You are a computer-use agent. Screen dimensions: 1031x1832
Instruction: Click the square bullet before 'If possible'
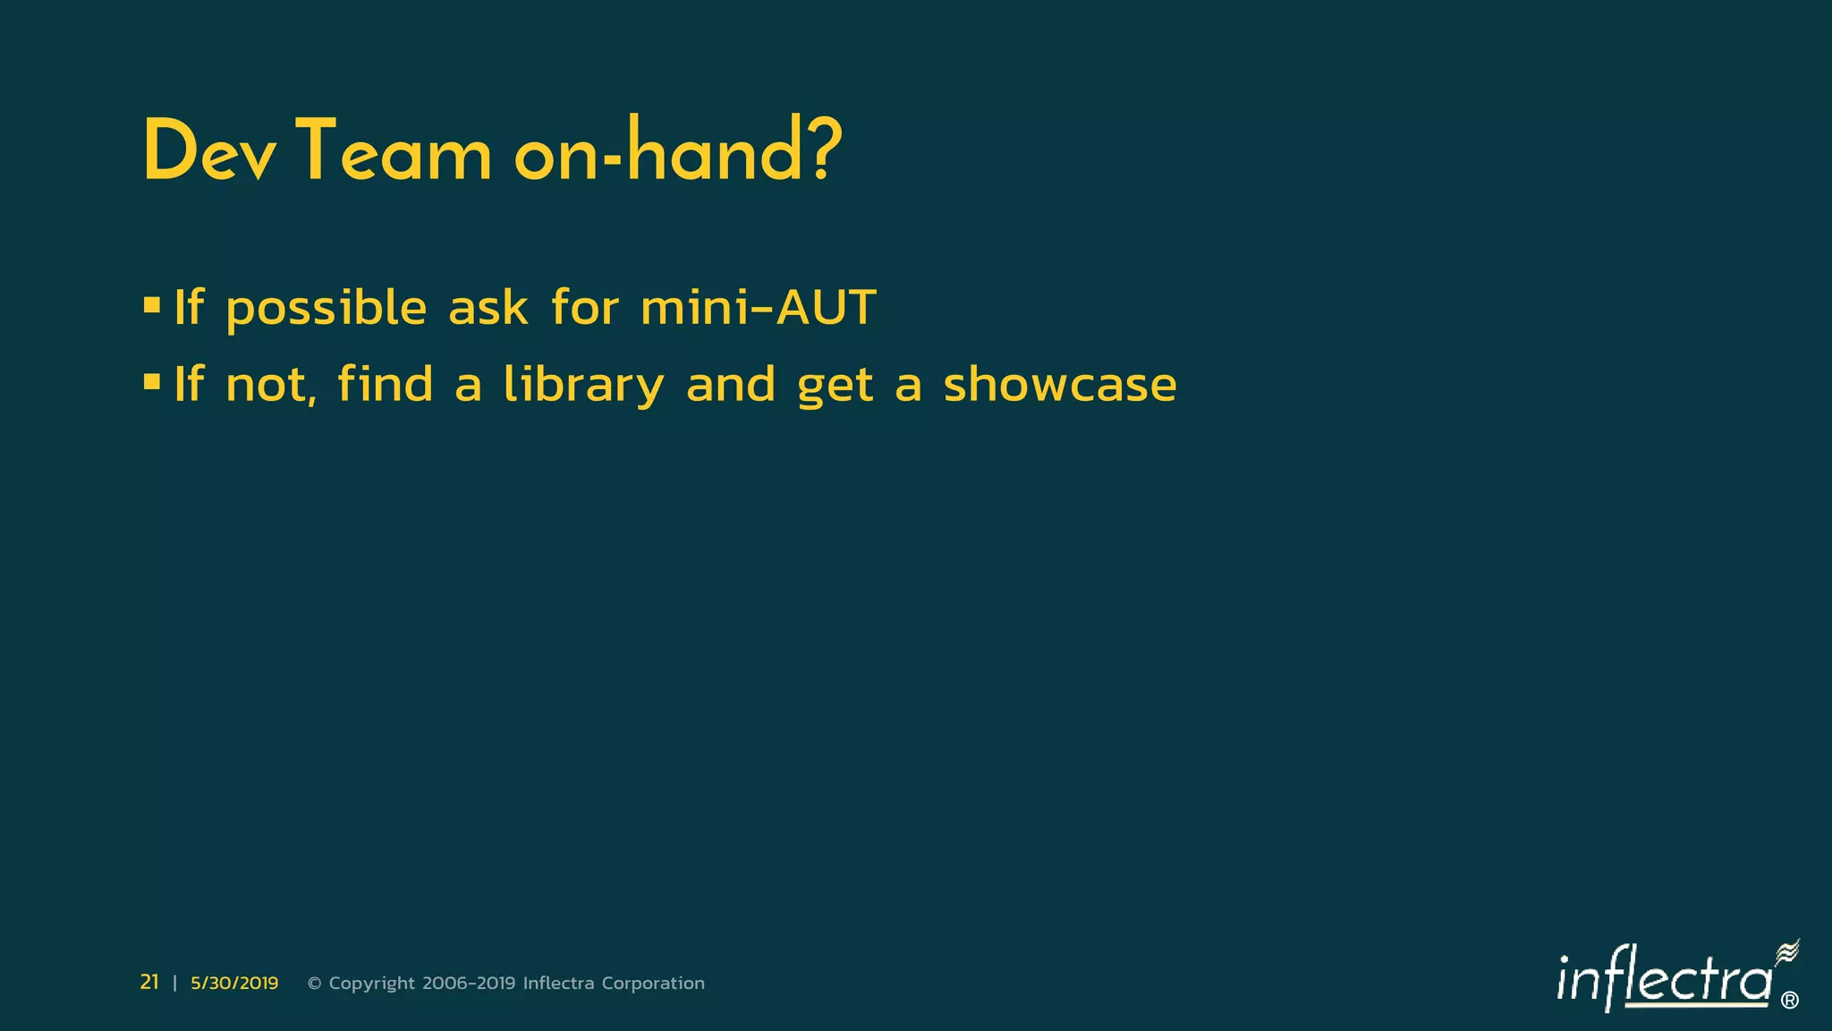point(152,306)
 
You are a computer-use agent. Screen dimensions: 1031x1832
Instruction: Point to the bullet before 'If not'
point(152,383)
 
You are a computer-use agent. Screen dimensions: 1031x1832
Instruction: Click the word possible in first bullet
point(327,310)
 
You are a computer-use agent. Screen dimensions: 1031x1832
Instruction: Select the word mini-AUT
point(759,308)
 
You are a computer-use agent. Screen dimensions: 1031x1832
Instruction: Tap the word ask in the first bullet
point(488,308)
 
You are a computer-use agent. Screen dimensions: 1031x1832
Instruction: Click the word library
point(583,386)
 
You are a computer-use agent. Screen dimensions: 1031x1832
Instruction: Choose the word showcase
point(1060,385)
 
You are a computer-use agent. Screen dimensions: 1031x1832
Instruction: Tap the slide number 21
point(149,983)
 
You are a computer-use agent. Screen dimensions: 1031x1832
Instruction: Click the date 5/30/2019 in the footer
point(234,984)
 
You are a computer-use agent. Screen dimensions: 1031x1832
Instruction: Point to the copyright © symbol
point(314,984)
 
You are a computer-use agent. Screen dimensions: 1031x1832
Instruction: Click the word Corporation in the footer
point(653,984)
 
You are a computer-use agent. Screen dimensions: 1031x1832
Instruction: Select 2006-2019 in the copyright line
point(469,984)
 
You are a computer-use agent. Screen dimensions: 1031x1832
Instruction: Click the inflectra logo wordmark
point(1664,981)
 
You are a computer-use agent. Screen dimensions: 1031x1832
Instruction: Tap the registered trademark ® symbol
point(1790,1001)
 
